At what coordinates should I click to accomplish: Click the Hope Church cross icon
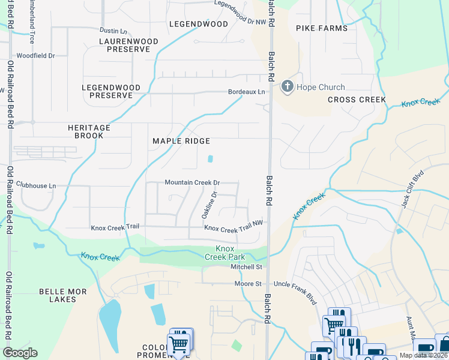pos(287,87)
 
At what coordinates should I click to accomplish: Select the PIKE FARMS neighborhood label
pos(322,28)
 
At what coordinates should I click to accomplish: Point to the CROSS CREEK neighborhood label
pos(357,100)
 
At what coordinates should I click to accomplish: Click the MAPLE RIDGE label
pos(181,141)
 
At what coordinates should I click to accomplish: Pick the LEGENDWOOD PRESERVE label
pos(111,92)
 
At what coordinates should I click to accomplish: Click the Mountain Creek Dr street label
pos(193,182)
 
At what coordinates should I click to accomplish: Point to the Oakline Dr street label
pos(208,205)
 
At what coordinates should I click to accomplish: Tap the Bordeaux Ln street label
pos(246,92)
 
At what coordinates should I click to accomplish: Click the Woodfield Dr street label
pos(35,55)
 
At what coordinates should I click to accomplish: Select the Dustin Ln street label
pos(113,31)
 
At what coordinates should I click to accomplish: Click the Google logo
pos(20,353)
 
